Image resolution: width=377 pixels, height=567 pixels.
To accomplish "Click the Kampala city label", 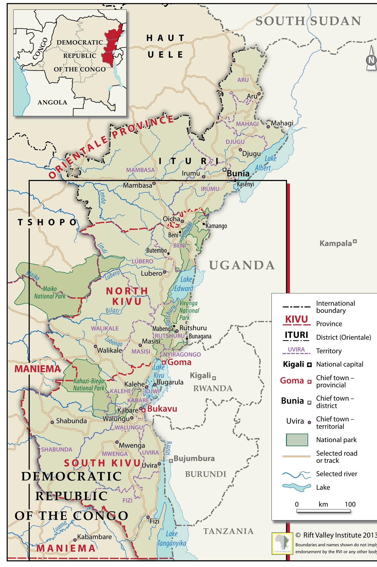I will pos(336,243).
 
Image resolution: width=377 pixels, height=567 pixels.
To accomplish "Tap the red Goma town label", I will pos(179,362).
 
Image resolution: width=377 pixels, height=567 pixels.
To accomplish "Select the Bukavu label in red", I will pos(162,409).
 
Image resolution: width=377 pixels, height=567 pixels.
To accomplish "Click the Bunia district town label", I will pos(238,173).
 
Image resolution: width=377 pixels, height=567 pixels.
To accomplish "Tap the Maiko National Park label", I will pos(50,292).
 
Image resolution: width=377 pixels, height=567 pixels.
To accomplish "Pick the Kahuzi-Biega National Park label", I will pos(89,384).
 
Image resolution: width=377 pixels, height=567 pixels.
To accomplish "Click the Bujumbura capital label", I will pos(194,458).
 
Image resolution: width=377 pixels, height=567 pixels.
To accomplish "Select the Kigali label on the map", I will pos(200,376).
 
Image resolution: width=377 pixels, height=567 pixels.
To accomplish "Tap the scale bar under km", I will pos(323,511).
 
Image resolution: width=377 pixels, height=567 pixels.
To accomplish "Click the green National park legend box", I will pos(297,440).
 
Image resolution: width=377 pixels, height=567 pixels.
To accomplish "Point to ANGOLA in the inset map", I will pos(52,102).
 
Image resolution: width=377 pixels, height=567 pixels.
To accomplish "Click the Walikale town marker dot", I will pos(96,346).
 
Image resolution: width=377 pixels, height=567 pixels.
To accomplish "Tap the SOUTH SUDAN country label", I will pos(308,21).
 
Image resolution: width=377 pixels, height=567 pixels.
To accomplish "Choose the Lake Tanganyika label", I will pos(172,538).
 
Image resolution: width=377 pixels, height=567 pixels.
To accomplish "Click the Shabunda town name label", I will pos(71,421).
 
